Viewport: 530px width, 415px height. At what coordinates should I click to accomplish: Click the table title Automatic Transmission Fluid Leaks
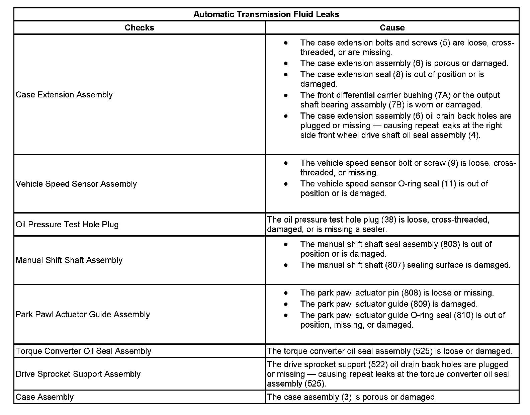(266, 14)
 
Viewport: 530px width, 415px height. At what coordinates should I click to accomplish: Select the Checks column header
(139, 28)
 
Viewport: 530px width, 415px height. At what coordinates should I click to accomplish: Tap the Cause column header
(392, 28)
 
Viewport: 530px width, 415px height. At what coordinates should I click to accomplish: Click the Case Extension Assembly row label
(64, 95)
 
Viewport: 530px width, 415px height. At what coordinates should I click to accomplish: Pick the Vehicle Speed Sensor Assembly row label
(76, 184)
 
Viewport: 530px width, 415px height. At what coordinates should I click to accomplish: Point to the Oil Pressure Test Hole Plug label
(67, 225)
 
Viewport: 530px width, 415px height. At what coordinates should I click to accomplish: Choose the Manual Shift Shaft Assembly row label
(69, 260)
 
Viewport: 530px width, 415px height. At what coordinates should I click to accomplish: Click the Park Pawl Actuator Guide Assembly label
(83, 315)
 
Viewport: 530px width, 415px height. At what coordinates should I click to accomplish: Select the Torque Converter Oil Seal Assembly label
(83, 351)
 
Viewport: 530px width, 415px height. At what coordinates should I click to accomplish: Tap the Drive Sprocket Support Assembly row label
(78, 374)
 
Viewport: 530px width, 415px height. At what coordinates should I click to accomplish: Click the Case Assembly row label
(45, 397)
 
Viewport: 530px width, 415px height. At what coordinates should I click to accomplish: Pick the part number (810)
(463, 315)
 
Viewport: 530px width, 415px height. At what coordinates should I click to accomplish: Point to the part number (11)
(449, 184)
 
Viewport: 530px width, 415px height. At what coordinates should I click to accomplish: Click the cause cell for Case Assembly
(352, 397)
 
